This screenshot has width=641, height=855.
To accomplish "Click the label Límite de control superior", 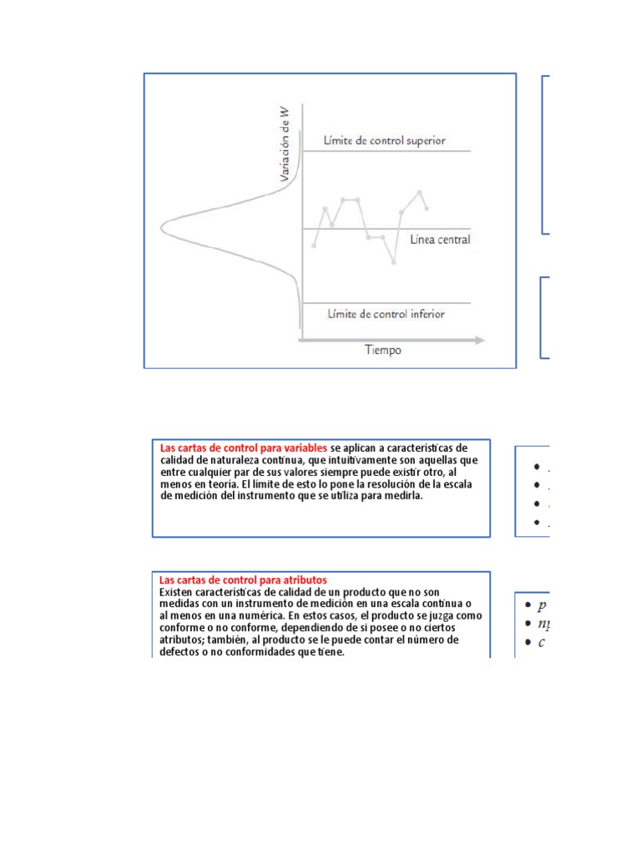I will click(x=385, y=140).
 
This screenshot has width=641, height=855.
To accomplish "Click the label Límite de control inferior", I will click(x=386, y=314).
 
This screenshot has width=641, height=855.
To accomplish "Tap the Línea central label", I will click(x=440, y=240).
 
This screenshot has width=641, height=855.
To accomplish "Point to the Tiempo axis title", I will click(x=382, y=350).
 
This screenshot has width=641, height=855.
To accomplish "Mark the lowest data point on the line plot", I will click(x=393, y=263).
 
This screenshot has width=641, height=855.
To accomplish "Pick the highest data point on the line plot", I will click(x=420, y=192).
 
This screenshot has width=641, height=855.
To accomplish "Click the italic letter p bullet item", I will click(x=542, y=605).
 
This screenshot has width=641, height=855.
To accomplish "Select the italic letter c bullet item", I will click(x=541, y=642).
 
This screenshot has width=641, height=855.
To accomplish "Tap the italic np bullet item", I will click(x=543, y=624).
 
